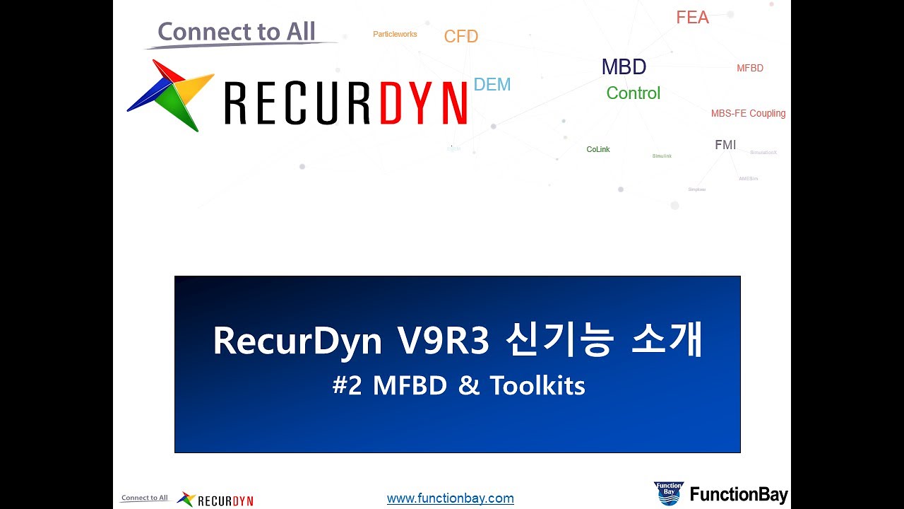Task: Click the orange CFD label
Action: [461, 37]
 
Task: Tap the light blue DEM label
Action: [492, 85]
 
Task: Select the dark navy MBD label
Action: [624, 67]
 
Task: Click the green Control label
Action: [634, 93]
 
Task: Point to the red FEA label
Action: [692, 18]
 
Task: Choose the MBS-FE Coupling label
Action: [748, 113]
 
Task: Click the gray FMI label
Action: [725, 145]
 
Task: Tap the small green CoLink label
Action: [598, 150]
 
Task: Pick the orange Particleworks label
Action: [395, 34]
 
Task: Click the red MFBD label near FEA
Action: [750, 69]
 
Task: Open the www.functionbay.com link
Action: [451, 498]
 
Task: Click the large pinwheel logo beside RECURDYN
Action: [170, 95]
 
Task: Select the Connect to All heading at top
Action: [237, 32]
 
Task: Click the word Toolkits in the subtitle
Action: [537, 385]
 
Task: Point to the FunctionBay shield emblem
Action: [668, 493]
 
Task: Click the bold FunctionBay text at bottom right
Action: [739, 495]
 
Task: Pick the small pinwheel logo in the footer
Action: [186, 499]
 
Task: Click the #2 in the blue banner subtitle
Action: [347, 385]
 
